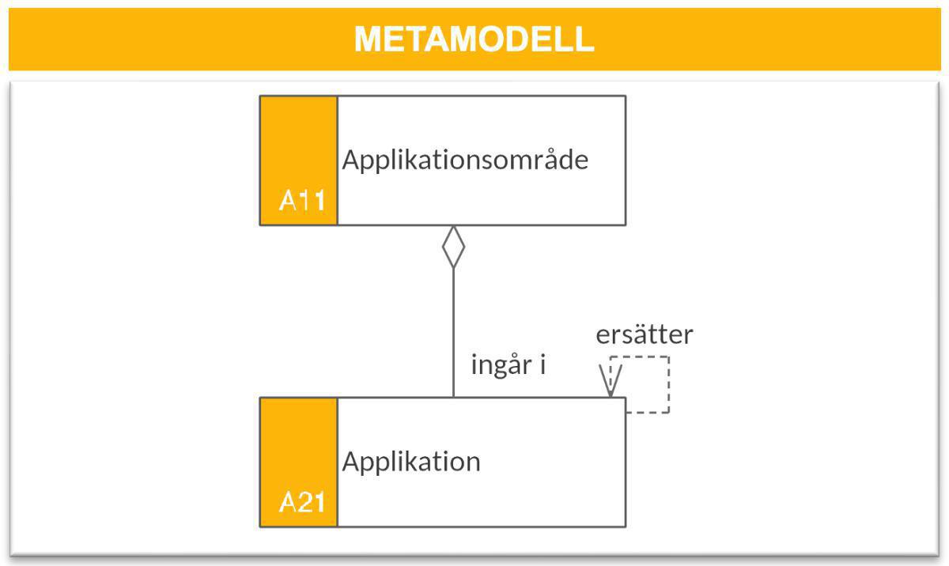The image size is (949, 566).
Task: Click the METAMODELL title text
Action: click(x=474, y=39)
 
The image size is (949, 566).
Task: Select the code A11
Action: click(x=301, y=201)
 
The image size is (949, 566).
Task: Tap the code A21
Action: click(x=301, y=503)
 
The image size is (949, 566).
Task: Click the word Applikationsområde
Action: click(x=465, y=160)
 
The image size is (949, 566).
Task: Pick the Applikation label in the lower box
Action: click(x=410, y=462)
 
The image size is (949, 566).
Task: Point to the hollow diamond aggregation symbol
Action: click(x=453, y=247)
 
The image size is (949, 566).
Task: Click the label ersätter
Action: click(x=644, y=334)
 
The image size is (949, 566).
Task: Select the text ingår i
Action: click(x=509, y=366)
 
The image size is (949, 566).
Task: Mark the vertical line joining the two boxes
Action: click(x=453, y=332)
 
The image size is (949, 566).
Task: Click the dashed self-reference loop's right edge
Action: click(x=669, y=384)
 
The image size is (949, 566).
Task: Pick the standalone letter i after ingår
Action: click(x=543, y=365)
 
